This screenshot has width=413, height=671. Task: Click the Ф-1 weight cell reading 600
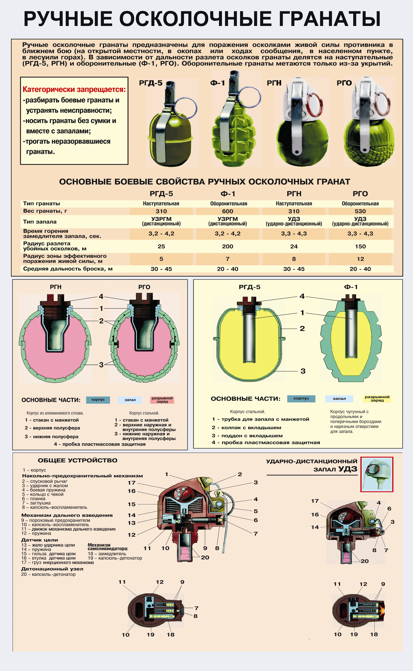point(227,211)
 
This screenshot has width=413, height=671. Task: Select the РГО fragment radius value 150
point(360,246)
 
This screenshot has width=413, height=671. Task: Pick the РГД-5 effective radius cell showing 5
point(161,259)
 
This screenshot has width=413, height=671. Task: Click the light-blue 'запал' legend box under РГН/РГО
point(130,400)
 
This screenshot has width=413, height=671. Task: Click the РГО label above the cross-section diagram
point(144,287)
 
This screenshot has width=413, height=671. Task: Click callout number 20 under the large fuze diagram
point(205,557)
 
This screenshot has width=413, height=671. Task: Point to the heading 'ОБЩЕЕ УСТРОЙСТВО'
point(78,460)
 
